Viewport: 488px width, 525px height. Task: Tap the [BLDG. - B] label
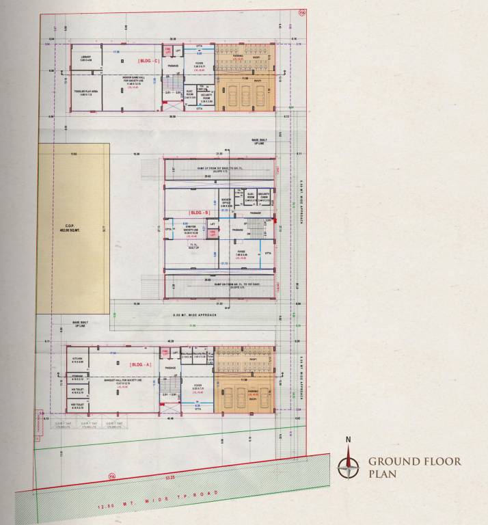click(199, 213)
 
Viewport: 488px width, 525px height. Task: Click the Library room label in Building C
click(86, 59)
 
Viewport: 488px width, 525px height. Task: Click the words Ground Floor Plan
click(414, 467)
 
